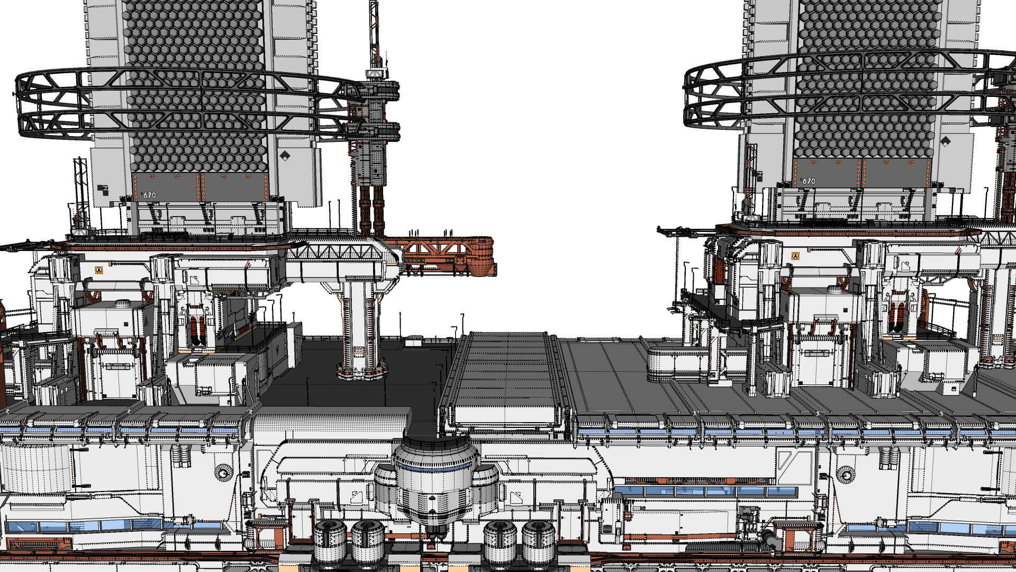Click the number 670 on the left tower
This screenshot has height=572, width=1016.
coord(149,195)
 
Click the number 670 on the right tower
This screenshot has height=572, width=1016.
coord(808,181)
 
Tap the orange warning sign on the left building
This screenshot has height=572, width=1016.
coord(98,270)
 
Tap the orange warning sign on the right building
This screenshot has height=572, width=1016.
coord(795,256)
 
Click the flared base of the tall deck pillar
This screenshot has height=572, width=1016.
coord(361,370)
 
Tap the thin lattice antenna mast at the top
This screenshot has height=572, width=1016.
coord(374,32)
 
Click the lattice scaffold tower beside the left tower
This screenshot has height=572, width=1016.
coord(80,191)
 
